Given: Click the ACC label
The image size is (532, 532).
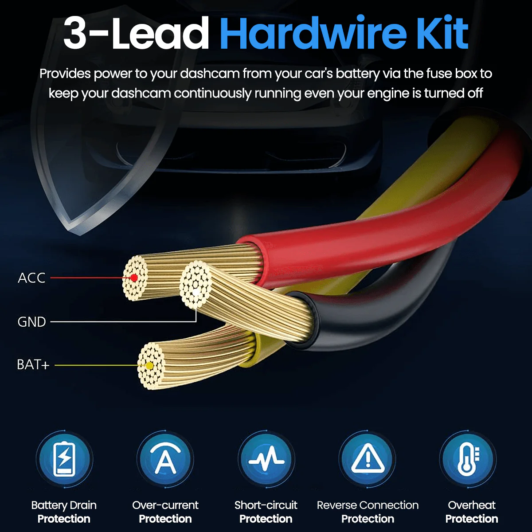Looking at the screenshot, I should click(x=31, y=278).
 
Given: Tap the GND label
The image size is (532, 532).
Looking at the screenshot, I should click(x=31, y=321).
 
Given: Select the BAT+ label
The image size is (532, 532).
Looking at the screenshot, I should click(x=33, y=365).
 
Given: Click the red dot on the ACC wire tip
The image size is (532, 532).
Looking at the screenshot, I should click(x=134, y=278).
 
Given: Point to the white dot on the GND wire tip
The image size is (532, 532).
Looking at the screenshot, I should click(x=196, y=293).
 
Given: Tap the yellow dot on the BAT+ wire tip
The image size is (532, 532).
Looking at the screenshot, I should click(x=149, y=366).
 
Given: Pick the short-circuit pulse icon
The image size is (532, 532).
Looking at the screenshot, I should click(x=266, y=459).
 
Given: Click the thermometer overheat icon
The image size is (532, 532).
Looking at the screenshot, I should click(x=468, y=459).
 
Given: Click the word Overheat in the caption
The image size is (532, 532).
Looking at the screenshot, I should click(x=472, y=505).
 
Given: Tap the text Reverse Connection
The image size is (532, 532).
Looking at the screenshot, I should click(x=368, y=505).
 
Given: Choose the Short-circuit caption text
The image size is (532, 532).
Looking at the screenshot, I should click(x=266, y=505).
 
